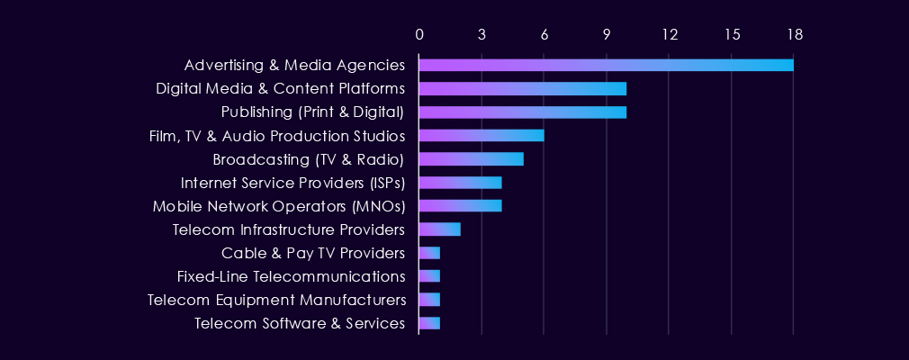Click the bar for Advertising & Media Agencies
click(606, 65)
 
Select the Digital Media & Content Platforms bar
click(522, 88)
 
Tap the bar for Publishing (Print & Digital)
click(522, 112)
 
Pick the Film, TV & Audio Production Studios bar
click(481, 135)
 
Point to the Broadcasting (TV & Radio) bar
click(471, 159)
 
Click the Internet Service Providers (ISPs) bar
click(460, 183)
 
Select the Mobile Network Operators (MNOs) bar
click(460, 206)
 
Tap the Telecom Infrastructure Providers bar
click(440, 229)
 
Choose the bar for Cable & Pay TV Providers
click(429, 253)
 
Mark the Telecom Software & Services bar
click(429, 323)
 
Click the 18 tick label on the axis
click(794, 34)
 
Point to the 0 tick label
click(419, 34)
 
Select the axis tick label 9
click(607, 34)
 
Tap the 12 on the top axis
click(669, 34)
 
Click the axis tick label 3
click(482, 34)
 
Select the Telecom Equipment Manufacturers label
click(276, 300)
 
